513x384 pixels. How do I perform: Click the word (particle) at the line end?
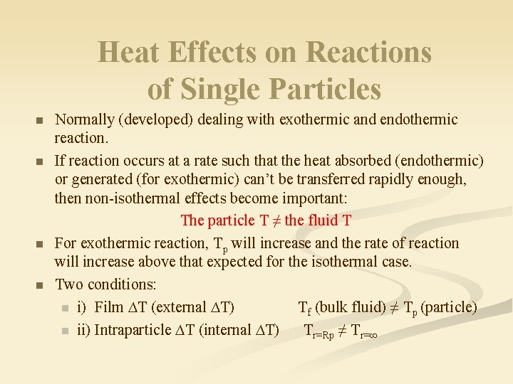coord(449,307)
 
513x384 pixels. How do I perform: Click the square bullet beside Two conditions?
coord(40,285)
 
